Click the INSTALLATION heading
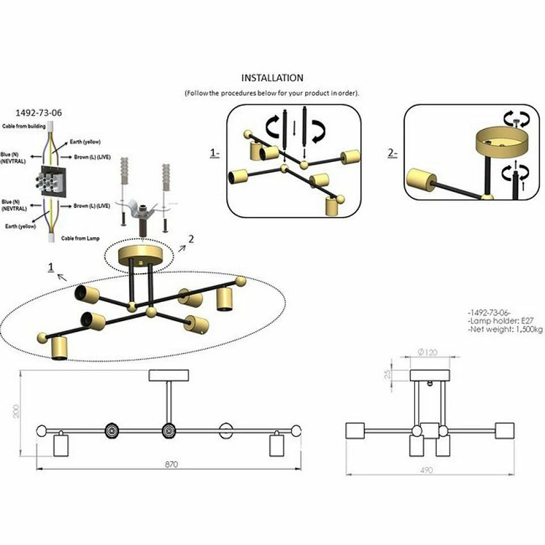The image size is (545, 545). click(272, 78)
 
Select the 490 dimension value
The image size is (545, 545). click(426, 470)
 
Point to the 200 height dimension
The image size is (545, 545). click(17, 410)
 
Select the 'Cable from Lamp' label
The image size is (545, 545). click(81, 238)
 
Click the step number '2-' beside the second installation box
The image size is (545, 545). click(393, 154)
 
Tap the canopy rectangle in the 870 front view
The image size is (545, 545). click(170, 375)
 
